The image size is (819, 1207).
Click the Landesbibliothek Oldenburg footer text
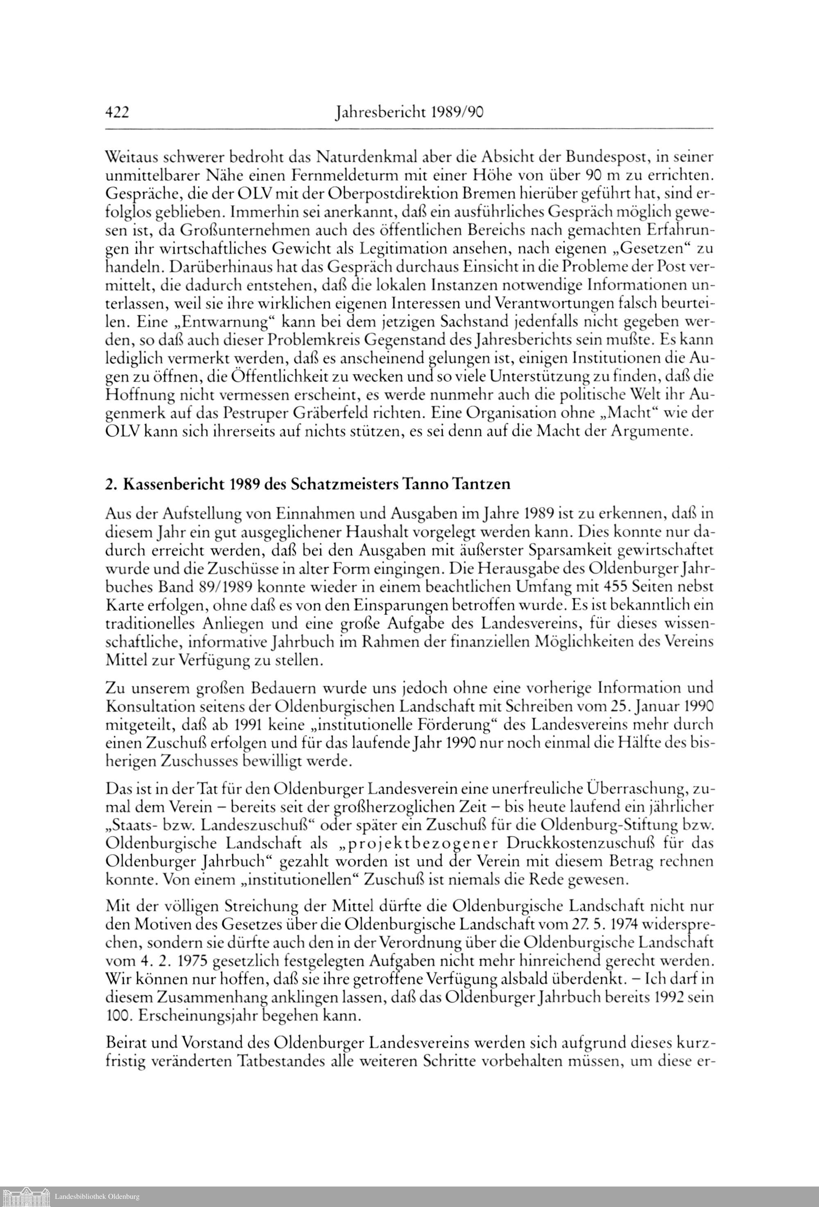click(x=97, y=1197)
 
